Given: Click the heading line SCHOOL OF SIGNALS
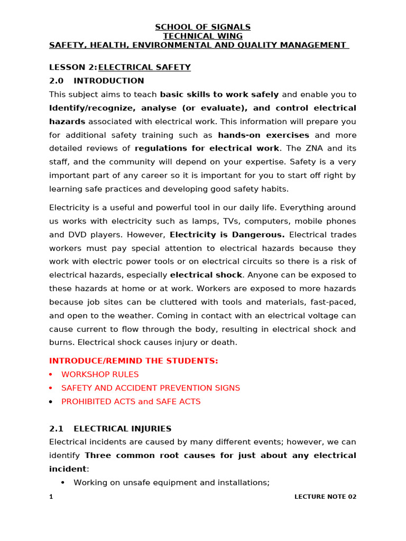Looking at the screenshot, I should pyautogui.click(x=202, y=27).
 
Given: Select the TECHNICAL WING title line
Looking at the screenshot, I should pyautogui.click(x=202, y=36).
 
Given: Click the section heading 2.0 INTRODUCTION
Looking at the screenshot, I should pyautogui.click(x=96, y=81).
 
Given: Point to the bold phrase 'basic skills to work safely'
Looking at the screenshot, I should pyautogui.click(x=219, y=95).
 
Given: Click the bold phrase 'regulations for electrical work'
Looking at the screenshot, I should pyautogui.click(x=207, y=148).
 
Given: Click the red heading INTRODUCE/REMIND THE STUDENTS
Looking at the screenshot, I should pyautogui.click(x=133, y=361).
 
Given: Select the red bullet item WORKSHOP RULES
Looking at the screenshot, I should pyautogui.click(x=100, y=374).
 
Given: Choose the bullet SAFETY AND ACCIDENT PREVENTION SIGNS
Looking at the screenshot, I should pyautogui.click(x=150, y=388).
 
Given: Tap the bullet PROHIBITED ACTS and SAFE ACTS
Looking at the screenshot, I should pyautogui.click(x=131, y=402).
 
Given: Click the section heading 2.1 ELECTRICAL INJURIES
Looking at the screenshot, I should pyautogui.click(x=110, y=428).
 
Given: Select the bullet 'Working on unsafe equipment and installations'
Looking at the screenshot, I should pyautogui.click(x=171, y=482).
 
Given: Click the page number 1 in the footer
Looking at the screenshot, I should pyautogui.click(x=51, y=497).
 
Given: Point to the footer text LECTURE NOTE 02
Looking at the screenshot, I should pyautogui.click(x=325, y=497).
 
